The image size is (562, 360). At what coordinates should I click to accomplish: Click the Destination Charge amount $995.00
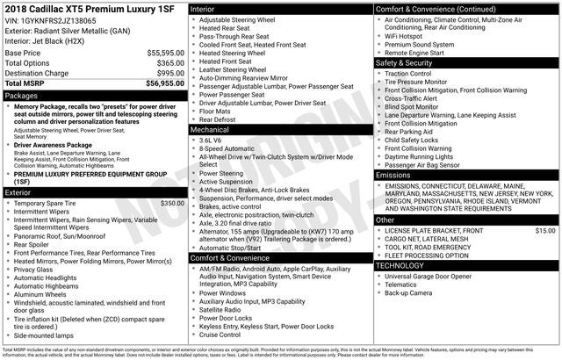164,74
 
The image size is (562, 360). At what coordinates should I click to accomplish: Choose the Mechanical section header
211,129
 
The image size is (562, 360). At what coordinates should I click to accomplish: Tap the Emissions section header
393,175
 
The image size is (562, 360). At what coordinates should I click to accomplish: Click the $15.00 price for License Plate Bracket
545,230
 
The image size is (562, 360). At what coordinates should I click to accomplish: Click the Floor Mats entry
215,111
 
